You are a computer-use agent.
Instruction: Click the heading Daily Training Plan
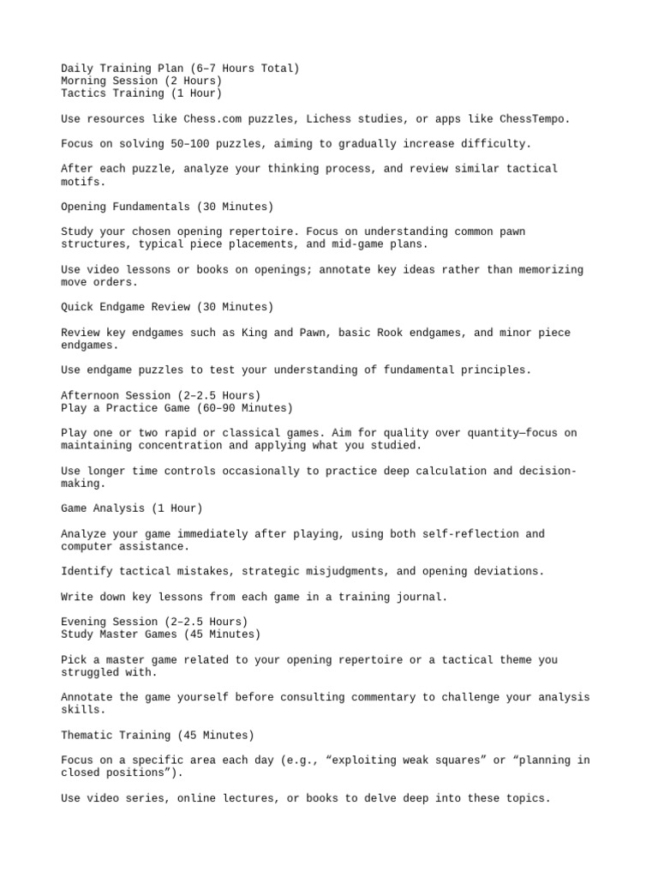click(180, 68)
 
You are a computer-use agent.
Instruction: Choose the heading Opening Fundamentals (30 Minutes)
click(167, 207)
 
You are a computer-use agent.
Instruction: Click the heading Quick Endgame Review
click(167, 307)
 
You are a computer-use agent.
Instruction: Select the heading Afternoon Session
click(160, 395)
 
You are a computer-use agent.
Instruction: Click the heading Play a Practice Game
click(176, 408)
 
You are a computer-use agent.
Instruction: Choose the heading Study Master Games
click(160, 634)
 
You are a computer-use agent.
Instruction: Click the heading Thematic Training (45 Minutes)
click(158, 735)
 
